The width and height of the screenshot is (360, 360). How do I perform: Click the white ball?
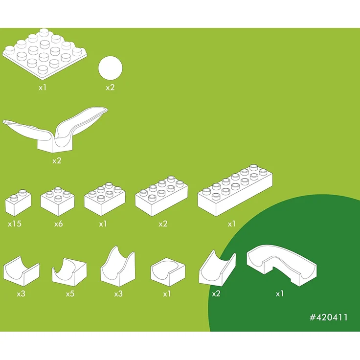click(110, 68)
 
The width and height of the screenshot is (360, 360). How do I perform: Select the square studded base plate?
click(45, 54)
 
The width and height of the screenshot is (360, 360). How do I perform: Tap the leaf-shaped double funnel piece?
click(55, 130)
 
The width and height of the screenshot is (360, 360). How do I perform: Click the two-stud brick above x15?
click(18, 203)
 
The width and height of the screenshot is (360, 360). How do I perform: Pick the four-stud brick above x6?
click(57, 202)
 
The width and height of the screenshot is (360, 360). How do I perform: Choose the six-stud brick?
click(105, 199)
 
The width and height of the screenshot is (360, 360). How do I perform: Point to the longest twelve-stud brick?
click(235, 190)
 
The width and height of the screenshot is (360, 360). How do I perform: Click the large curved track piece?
click(281, 265)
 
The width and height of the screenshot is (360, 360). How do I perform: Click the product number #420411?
click(329, 317)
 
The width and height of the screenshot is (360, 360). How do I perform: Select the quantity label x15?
click(15, 224)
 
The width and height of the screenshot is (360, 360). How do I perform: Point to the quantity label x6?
click(59, 224)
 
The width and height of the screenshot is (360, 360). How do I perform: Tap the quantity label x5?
click(70, 294)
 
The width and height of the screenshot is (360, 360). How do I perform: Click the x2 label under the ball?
click(110, 88)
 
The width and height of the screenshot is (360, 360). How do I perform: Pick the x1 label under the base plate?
click(43, 88)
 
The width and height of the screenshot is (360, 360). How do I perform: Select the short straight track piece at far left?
click(22, 271)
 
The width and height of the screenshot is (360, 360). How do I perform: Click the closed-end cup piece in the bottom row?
click(168, 272)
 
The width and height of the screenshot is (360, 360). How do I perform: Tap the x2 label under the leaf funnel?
click(57, 161)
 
